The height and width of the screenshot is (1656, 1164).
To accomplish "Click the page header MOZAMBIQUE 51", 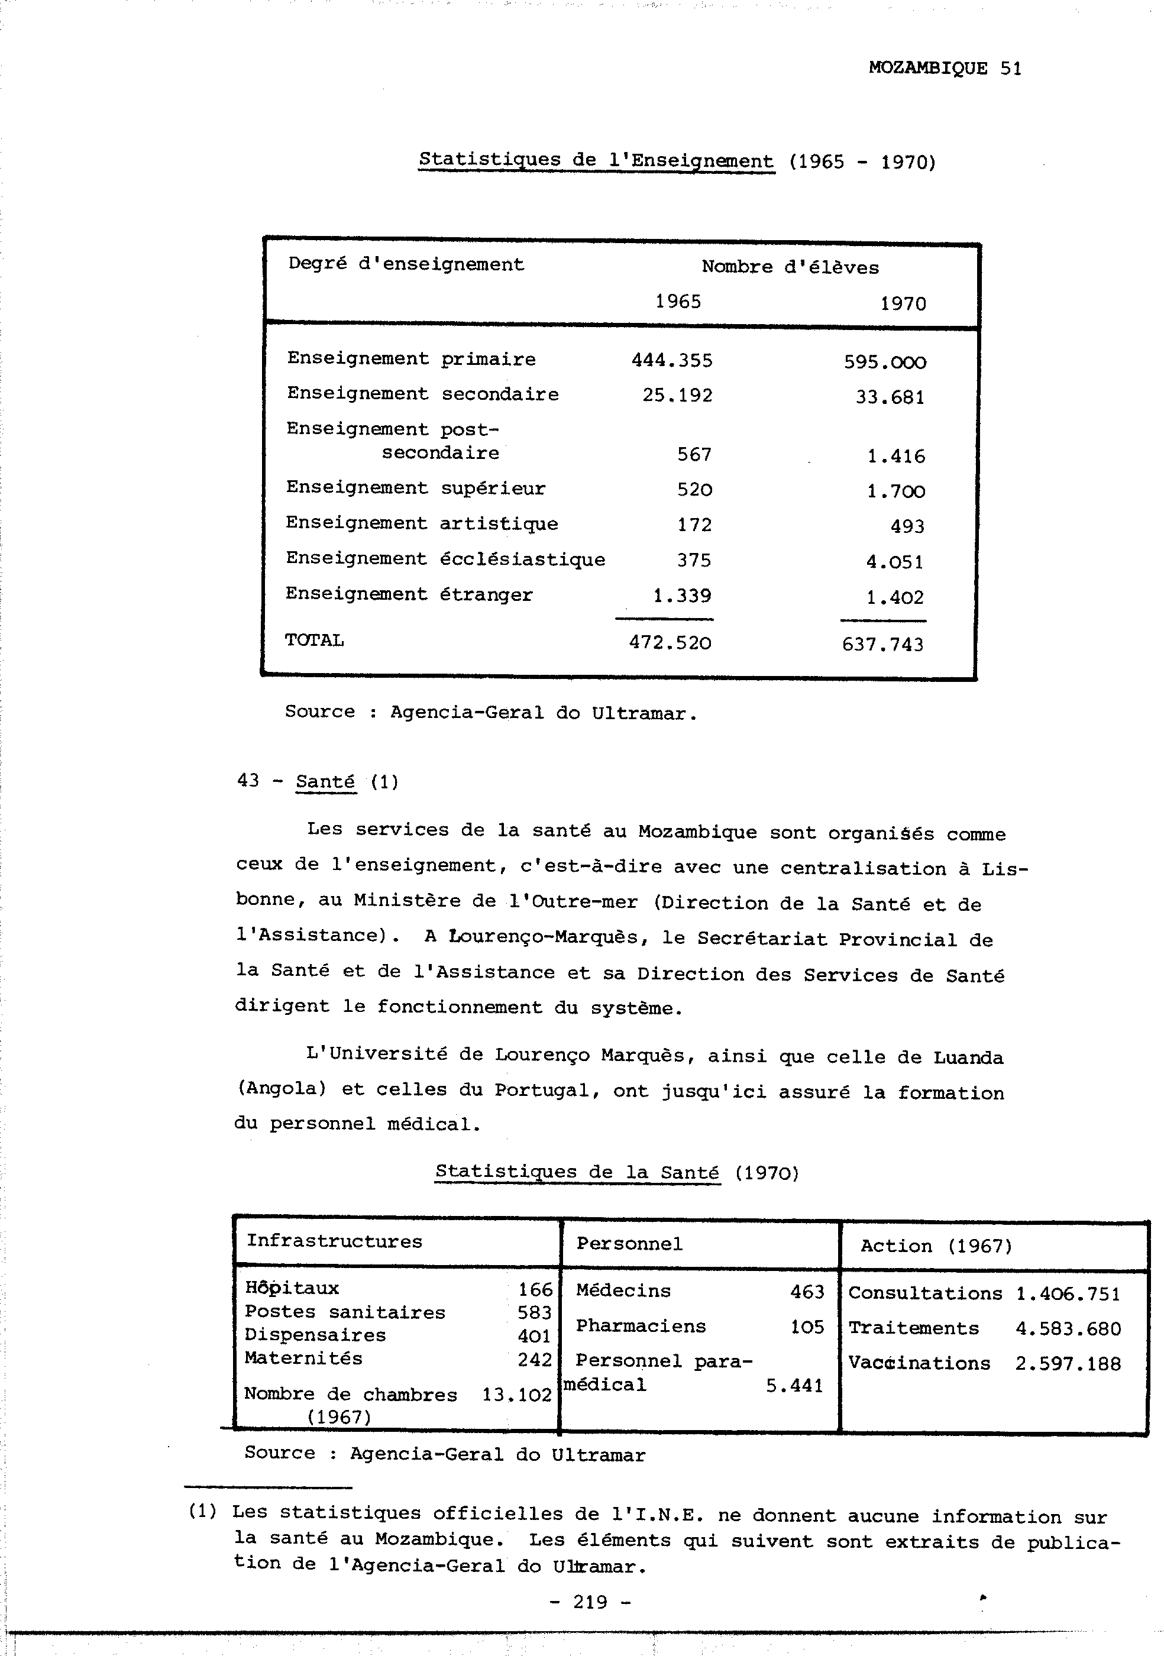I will tap(944, 69).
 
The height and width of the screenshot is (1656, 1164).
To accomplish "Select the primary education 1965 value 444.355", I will tap(671, 360).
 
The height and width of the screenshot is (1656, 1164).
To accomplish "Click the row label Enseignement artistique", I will tap(421, 523).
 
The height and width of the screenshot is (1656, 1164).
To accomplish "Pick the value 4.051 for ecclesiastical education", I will tap(894, 562).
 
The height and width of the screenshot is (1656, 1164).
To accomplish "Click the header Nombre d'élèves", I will tap(790, 267).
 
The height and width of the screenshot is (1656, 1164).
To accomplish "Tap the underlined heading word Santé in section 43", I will tap(325, 782).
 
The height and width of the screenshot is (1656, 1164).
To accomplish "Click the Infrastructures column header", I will tap(334, 1241).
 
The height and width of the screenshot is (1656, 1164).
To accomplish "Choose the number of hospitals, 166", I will tap(535, 1289).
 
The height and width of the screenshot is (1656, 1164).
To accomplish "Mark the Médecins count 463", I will tap(807, 1292).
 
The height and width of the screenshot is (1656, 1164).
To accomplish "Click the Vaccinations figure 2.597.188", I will tap(1068, 1364).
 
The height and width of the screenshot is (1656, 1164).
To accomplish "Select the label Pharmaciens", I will tap(641, 1327).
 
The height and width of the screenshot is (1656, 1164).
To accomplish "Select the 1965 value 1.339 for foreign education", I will tap(681, 596).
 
